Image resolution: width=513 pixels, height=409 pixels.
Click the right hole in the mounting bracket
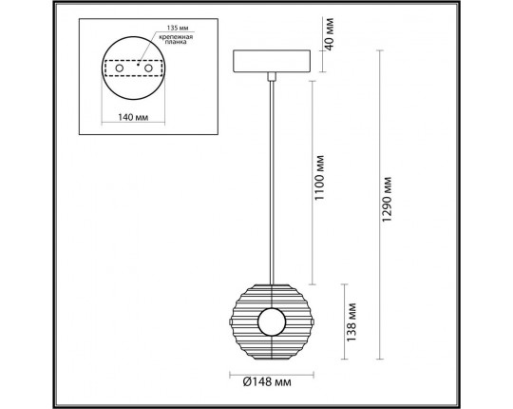coord(150,68)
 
